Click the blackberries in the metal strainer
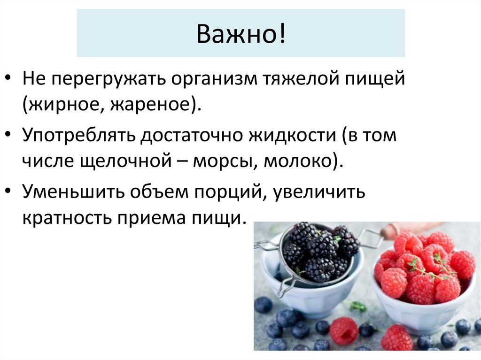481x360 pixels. point(319,251)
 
